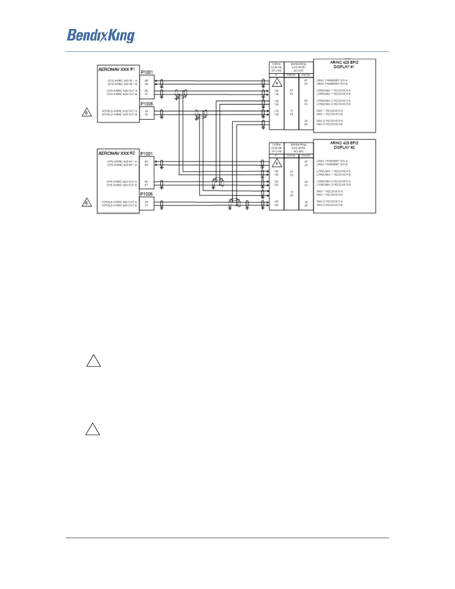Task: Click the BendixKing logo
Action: point(101,36)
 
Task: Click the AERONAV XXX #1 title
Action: point(117,69)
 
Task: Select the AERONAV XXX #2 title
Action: point(117,153)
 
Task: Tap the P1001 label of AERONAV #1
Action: point(146,72)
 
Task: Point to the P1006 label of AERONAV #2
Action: point(146,194)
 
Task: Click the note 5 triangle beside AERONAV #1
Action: point(87,112)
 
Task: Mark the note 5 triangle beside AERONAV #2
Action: point(87,203)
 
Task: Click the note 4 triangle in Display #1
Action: point(277,83)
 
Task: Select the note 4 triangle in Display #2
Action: point(277,163)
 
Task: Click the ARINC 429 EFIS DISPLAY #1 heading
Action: point(344,65)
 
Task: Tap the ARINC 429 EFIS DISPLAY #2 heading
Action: point(344,145)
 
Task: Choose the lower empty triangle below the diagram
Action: point(93,429)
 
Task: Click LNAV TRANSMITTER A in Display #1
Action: point(332,80)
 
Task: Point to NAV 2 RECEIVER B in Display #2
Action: point(330,205)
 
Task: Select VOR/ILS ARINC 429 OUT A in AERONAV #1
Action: point(119,111)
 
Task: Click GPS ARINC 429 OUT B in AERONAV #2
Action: point(122,185)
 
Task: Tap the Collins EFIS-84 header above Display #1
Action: point(276,67)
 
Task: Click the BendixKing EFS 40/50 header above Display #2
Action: point(299,148)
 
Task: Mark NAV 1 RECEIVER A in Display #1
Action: point(330,111)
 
